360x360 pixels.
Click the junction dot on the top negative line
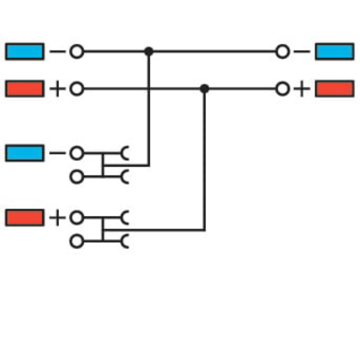(149, 51)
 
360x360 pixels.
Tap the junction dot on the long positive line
(204, 89)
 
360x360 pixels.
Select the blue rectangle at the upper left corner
(25, 51)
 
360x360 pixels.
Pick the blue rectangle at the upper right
(334, 51)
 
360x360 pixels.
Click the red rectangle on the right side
(334, 89)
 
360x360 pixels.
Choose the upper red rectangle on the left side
(25, 89)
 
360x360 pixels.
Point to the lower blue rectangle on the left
(25, 153)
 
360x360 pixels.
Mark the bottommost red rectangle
(25, 217)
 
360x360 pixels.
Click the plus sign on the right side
(301, 89)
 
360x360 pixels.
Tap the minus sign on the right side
(301, 51)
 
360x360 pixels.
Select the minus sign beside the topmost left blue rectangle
(57, 51)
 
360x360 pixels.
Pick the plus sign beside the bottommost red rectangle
(57, 218)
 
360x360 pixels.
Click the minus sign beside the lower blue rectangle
(57, 153)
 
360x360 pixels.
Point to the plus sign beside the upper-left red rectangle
(57, 89)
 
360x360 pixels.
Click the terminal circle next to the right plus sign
(283, 89)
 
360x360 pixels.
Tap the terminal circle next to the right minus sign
(283, 51)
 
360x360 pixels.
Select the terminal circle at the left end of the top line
(76, 51)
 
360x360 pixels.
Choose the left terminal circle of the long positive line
(76, 89)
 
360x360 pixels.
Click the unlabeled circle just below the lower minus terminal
(76, 177)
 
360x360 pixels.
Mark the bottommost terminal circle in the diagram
(76, 241)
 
